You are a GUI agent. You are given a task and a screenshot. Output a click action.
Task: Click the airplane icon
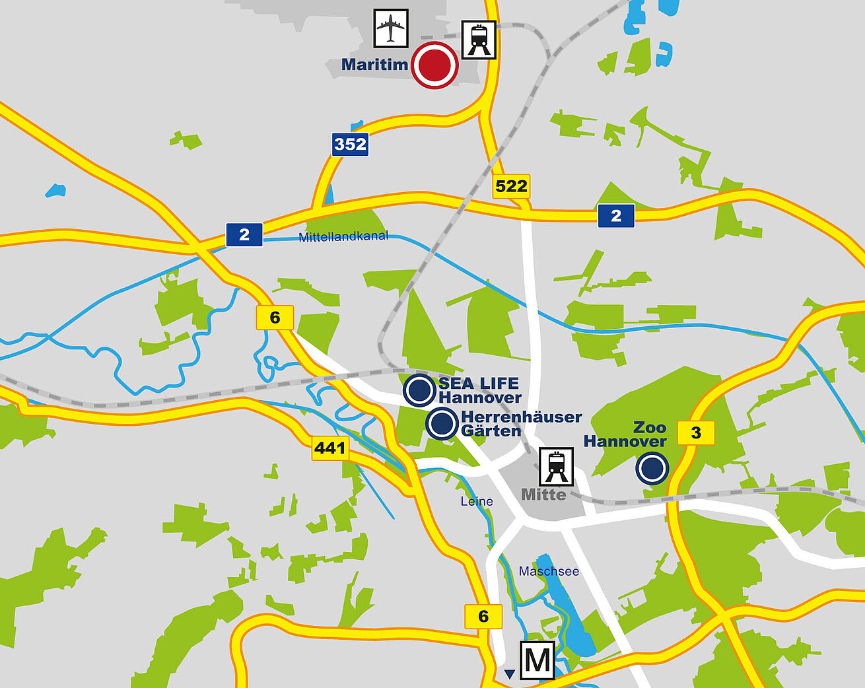(x=391, y=28)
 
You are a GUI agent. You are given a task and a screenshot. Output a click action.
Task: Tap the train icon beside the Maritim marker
(x=479, y=40)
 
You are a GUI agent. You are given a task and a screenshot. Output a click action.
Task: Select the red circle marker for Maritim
(x=434, y=65)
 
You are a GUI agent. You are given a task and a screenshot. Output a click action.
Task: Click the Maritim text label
(x=374, y=65)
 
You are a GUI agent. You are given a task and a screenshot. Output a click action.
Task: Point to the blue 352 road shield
(x=350, y=144)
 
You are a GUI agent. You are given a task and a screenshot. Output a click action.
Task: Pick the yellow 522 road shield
(x=511, y=186)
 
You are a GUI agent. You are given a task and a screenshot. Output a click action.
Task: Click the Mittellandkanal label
(x=343, y=236)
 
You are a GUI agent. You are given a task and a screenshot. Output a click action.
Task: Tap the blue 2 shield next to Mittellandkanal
(x=244, y=234)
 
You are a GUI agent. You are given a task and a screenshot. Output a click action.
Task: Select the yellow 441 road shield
(x=330, y=448)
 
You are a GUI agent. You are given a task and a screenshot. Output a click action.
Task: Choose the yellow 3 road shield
(x=696, y=433)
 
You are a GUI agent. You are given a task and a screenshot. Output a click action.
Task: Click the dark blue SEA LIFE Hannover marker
(x=419, y=390)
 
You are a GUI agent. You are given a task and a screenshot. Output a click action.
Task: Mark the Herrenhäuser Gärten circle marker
(x=442, y=423)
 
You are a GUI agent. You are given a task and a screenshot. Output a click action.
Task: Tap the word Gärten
(x=491, y=431)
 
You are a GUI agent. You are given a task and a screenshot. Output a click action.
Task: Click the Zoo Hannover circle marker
(x=652, y=468)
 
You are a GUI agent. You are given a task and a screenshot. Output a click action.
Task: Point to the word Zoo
(x=650, y=427)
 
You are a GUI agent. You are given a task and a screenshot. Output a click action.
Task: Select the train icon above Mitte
(x=556, y=466)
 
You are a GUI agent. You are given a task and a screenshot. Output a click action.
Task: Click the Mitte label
(x=543, y=495)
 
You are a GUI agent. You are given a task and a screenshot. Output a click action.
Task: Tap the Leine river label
(x=477, y=501)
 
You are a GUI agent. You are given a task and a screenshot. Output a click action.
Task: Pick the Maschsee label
(x=549, y=571)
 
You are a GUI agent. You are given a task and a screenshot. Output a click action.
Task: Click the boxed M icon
(x=537, y=660)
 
